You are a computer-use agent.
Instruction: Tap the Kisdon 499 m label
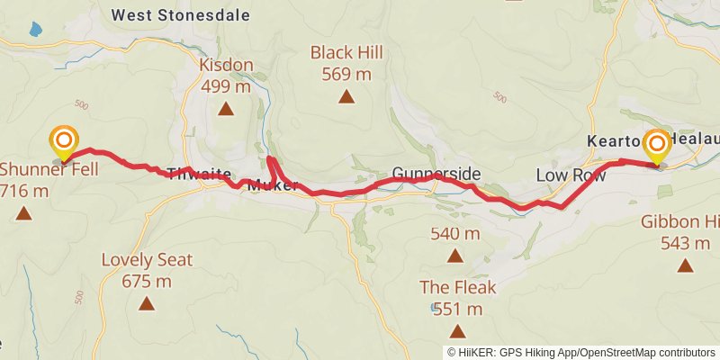click(226, 76)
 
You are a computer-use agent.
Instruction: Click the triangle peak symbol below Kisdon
click(226, 110)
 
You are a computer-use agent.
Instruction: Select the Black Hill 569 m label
click(342, 63)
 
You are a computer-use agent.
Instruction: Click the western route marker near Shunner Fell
click(64, 142)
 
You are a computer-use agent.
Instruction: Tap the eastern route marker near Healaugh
click(656, 146)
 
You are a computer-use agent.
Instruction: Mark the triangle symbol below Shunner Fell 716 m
click(23, 214)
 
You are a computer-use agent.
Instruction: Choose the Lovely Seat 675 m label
click(147, 270)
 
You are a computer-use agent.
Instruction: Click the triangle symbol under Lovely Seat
click(147, 304)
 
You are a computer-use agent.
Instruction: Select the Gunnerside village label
click(436, 174)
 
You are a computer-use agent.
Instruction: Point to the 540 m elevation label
click(454, 234)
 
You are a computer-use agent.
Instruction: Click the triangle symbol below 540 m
click(455, 256)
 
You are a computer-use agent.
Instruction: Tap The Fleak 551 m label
click(457, 299)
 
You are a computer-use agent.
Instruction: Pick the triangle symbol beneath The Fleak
click(457, 331)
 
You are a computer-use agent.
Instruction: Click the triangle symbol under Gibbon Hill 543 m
click(687, 265)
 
